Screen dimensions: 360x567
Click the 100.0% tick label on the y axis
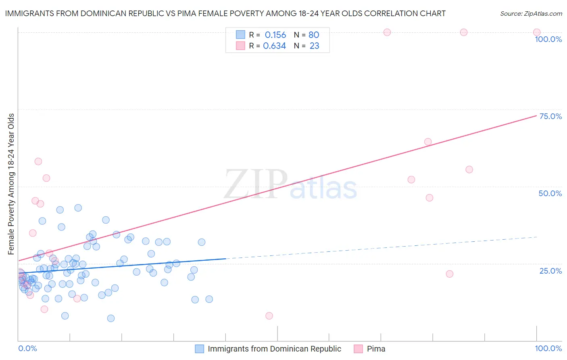coord(548,39)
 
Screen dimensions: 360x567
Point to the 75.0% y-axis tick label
coord(550,116)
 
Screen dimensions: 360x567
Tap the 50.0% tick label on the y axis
coord(550,193)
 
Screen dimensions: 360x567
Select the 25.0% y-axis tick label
coord(550,270)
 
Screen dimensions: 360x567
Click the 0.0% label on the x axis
coord(27,348)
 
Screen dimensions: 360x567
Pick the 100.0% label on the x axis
coord(548,348)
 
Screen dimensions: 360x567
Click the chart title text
coord(225,13)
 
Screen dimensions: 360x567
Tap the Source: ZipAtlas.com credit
coord(531,13)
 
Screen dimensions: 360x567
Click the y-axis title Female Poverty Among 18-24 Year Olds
coord(11,184)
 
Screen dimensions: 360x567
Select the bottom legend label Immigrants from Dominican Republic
coord(274,349)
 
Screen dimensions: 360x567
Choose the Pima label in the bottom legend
coord(376,349)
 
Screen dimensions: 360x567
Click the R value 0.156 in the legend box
coord(275,35)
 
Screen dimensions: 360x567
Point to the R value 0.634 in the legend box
coord(274,46)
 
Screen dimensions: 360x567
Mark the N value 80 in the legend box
coord(314,35)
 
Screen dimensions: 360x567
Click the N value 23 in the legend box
coord(314,46)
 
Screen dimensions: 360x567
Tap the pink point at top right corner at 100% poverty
coord(537,32)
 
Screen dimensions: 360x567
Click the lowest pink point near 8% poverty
coord(269,316)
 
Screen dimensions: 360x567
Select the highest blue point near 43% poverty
coord(78,208)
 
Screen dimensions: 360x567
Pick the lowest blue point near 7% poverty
coord(111,318)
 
